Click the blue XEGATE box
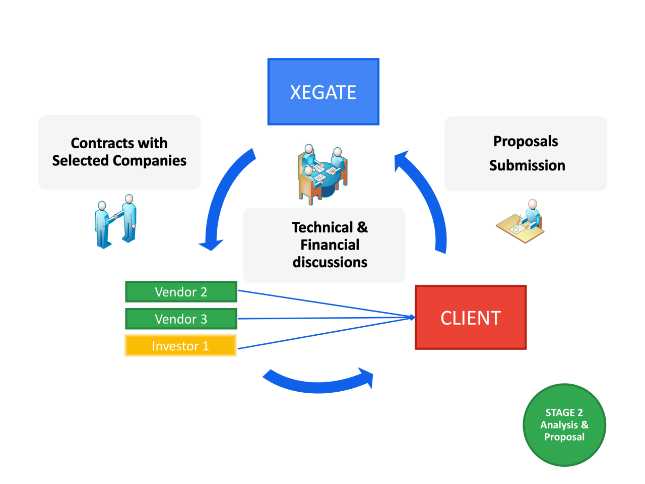323,91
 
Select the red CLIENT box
470,317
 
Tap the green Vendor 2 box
181,291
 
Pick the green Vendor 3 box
181,319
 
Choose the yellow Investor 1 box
180,345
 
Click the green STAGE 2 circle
564,425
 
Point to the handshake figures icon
115,221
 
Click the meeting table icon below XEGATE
322,174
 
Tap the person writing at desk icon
520,221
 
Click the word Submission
527,165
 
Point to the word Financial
330,245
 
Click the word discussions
330,262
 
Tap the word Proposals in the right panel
526,142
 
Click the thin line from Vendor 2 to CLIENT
326,304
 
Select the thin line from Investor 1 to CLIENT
326,333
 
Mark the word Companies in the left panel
150,161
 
